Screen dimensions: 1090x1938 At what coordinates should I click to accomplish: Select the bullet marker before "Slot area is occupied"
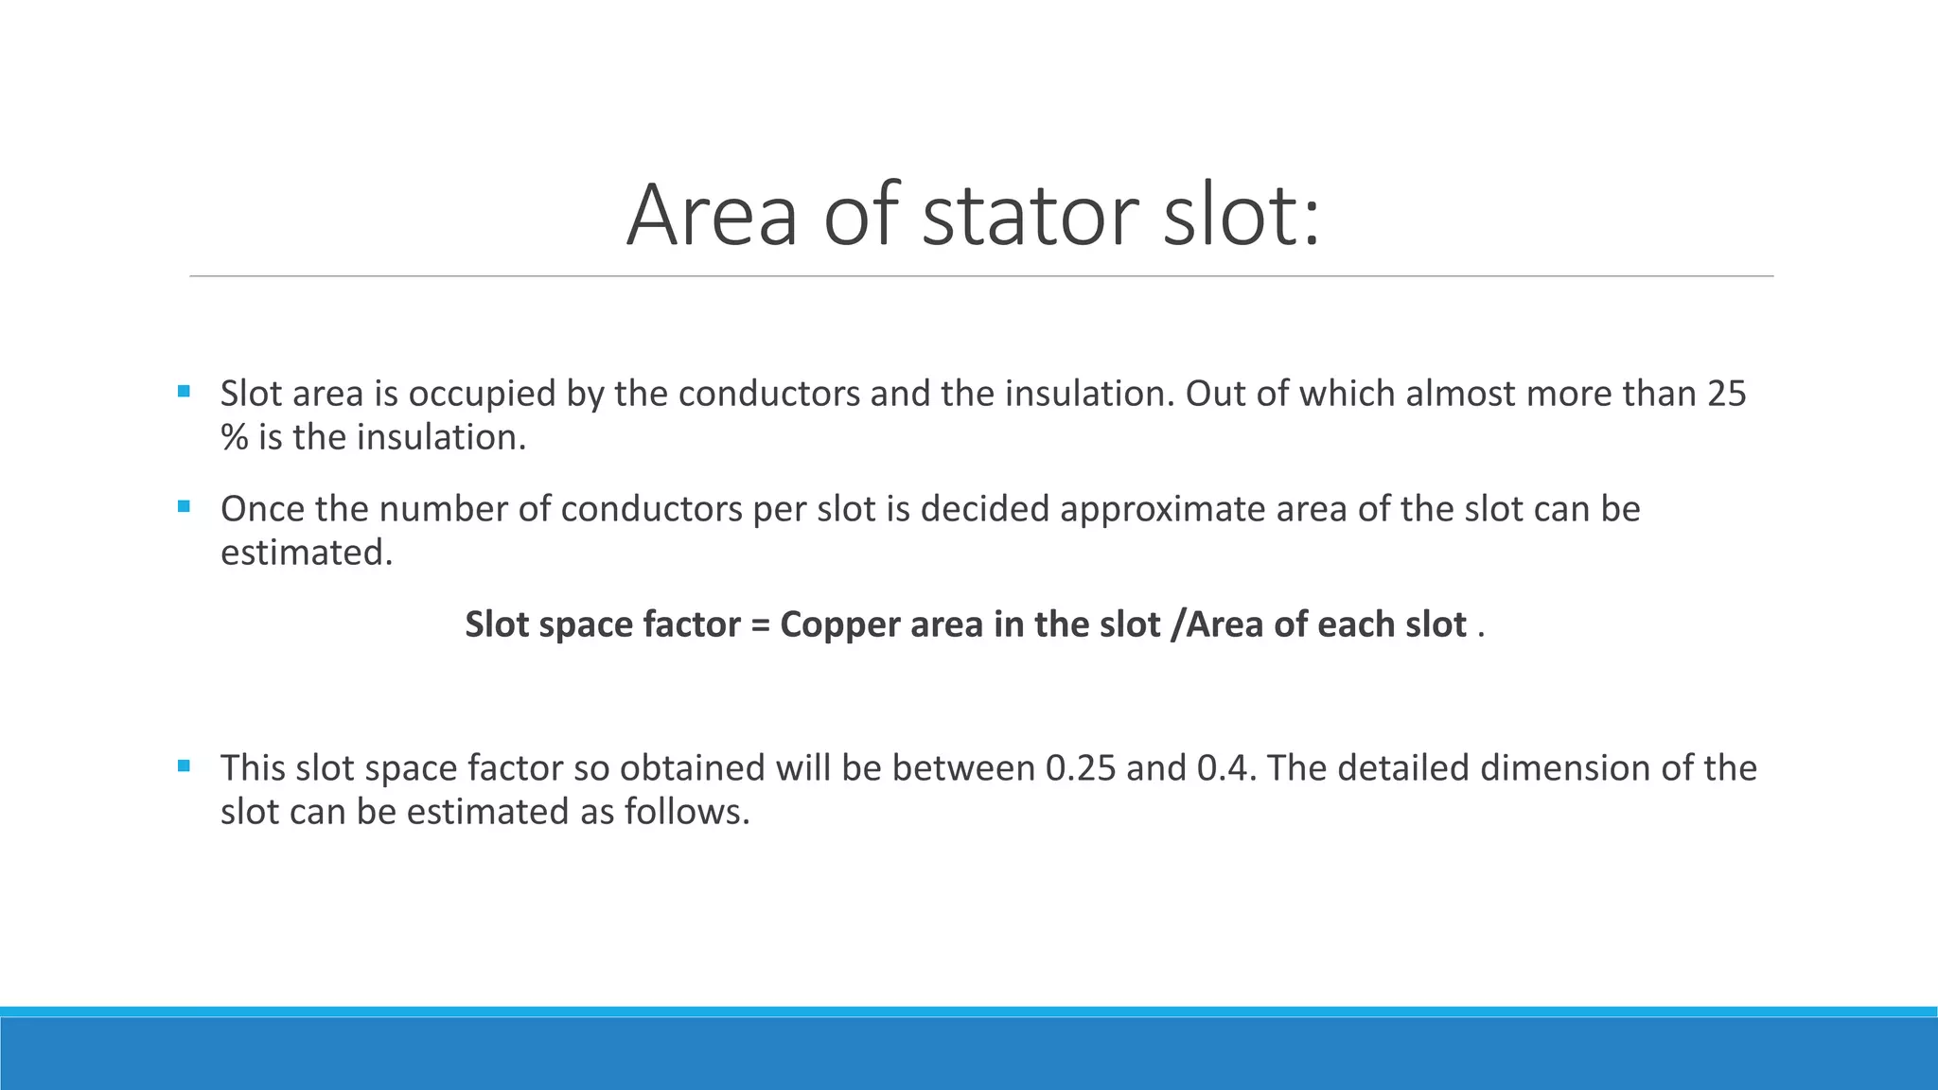pos(184,391)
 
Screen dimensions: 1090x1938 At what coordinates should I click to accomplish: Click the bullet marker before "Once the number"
pos(184,506)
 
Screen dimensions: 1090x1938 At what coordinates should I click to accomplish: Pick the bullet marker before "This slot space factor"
pos(184,765)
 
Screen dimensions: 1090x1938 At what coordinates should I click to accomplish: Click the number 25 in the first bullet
pos(1726,394)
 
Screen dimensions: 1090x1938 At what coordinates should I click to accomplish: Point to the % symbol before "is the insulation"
pos(234,438)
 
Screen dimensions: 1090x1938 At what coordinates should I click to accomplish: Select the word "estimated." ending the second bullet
pos(307,553)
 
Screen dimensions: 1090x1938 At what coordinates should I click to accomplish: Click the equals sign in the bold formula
pos(760,625)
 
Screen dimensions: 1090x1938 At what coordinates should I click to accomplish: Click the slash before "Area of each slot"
pos(1176,625)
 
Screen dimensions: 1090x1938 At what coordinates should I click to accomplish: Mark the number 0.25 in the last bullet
pos(1081,768)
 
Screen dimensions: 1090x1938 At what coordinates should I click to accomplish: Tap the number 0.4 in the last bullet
pos(1226,768)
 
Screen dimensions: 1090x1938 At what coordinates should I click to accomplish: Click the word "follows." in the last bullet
pos(687,812)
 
